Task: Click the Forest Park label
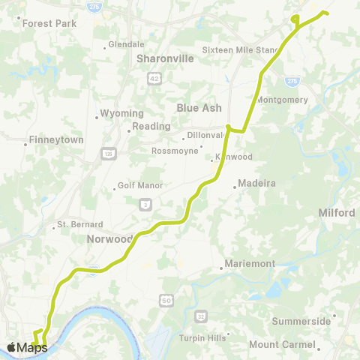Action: click(x=49, y=23)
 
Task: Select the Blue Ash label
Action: click(x=198, y=108)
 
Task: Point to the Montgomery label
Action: click(x=282, y=100)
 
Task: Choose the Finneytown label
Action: click(x=49, y=139)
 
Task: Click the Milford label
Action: click(x=337, y=213)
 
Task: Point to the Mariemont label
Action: click(x=248, y=264)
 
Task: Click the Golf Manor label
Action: click(x=137, y=186)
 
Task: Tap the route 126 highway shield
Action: click(x=108, y=154)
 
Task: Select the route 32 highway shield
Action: click(x=200, y=316)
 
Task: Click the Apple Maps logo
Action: click(x=27, y=346)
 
